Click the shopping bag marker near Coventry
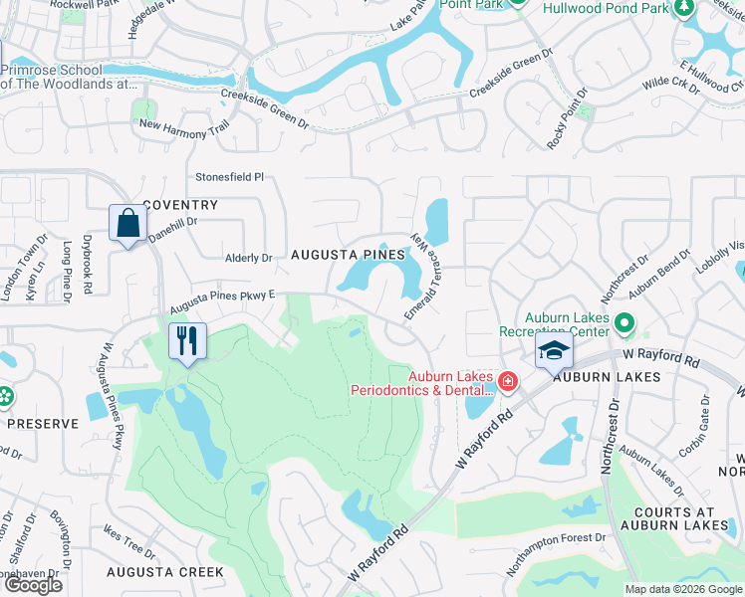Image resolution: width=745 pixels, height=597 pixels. coord(129,224)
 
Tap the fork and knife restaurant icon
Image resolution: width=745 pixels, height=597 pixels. coord(187,341)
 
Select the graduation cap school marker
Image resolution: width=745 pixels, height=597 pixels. coord(554,350)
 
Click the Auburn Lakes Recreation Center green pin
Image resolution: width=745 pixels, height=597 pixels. coord(624,322)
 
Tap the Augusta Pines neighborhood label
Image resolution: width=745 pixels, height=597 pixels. coord(348,255)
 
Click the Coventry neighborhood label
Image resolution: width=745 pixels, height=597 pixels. coord(179,205)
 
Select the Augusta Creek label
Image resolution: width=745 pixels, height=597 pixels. coord(167,572)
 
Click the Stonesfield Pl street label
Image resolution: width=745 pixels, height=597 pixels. coord(229,177)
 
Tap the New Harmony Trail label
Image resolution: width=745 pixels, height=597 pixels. coord(184,126)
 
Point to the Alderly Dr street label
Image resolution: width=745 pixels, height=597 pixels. coord(247,258)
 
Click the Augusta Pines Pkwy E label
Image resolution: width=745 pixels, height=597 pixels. coord(221,299)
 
